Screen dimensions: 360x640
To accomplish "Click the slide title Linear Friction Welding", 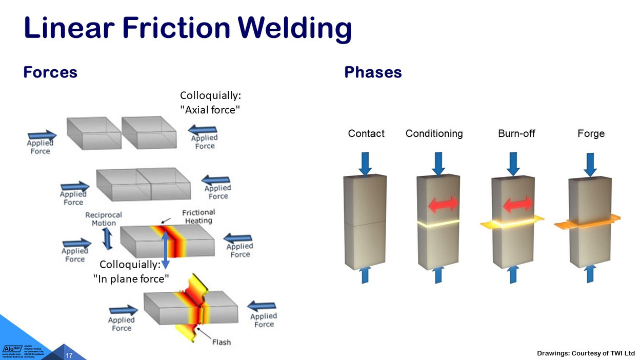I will [187, 28].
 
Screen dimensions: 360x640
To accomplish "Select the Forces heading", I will [50, 72].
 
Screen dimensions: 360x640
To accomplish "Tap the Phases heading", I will [373, 72].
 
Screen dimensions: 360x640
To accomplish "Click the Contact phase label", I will [366, 134].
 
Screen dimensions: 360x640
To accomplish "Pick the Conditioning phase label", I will [434, 134].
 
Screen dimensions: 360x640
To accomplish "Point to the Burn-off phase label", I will [517, 134].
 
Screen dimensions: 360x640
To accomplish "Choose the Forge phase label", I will [591, 134].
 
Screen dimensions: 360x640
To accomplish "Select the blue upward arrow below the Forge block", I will [591, 274].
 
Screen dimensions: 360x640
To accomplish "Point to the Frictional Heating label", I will [198, 216].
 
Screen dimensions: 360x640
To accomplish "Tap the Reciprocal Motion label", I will [104, 219].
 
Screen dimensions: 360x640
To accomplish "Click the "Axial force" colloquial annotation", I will [210, 103].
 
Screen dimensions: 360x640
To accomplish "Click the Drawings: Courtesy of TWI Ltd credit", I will [586, 353].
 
